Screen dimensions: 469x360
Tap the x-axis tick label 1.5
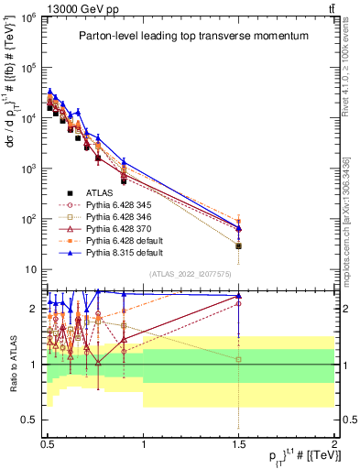pos(238,442)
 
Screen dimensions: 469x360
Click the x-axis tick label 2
pos(333,442)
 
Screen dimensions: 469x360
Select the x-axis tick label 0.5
pos(48,442)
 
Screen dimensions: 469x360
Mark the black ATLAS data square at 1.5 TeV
pos(238,245)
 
